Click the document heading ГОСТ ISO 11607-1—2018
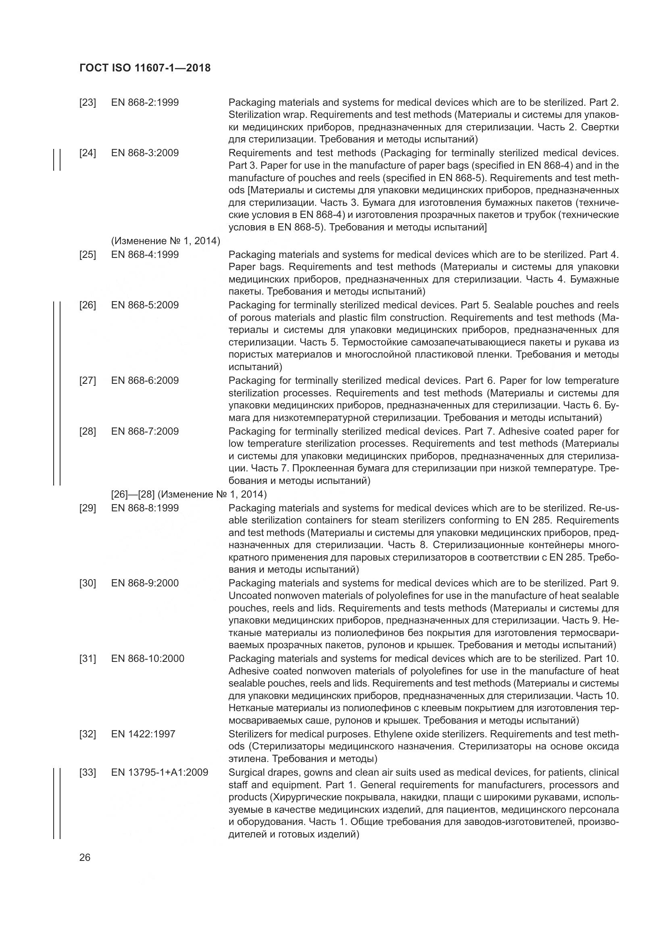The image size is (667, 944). pyautogui.click(x=145, y=68)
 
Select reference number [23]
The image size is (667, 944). pyautogui.click(x=88, y=103)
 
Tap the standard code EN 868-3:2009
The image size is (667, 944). pyautogui.click(x=145, y=153)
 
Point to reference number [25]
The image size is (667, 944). pyautogui.click(x=88, y=255)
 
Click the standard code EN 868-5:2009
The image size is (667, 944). pyautogui.click(x=145, y=305)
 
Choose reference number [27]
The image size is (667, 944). pyautogui.click(x=88, y=380)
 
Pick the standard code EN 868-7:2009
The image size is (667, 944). pyautogui.click(x=145, y=431)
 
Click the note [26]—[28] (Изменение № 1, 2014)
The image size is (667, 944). pyautogui.click(x=189, y=494)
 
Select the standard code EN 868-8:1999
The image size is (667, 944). pyautogui.click(x=145, y=508)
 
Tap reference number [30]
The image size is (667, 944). pyautogui.click(x=88, y=583)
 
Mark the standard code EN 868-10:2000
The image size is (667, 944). pyautogui.click(x=148, y=659)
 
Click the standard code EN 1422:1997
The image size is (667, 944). pyautogui.click(x=143, y=734)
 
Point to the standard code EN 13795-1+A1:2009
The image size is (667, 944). pyautogui.click(x=159, y=772)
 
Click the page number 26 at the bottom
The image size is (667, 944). pyautogui.click(x=85, y=858)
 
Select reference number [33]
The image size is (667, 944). pyautogui.click(x=88, y=772)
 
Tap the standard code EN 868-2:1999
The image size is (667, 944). pyautogui.click(x=145, y=103)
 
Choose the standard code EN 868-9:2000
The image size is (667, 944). pyautogui.click(x=145, y=583)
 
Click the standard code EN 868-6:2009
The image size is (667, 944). pyautogui.click(x=145, y=380)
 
